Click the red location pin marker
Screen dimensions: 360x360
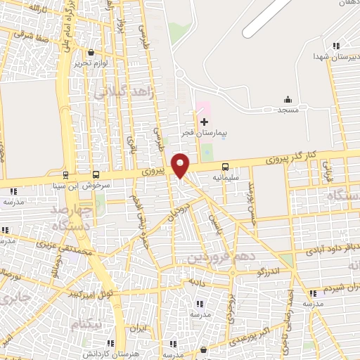click(181, 164)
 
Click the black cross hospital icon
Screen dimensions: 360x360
click(204, 122)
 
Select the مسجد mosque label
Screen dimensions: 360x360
click(288, 110)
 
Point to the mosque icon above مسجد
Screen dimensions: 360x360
click(288, 98)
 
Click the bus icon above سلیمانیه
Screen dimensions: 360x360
click(225, 167)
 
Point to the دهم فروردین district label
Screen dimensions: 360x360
click(218, 257)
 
